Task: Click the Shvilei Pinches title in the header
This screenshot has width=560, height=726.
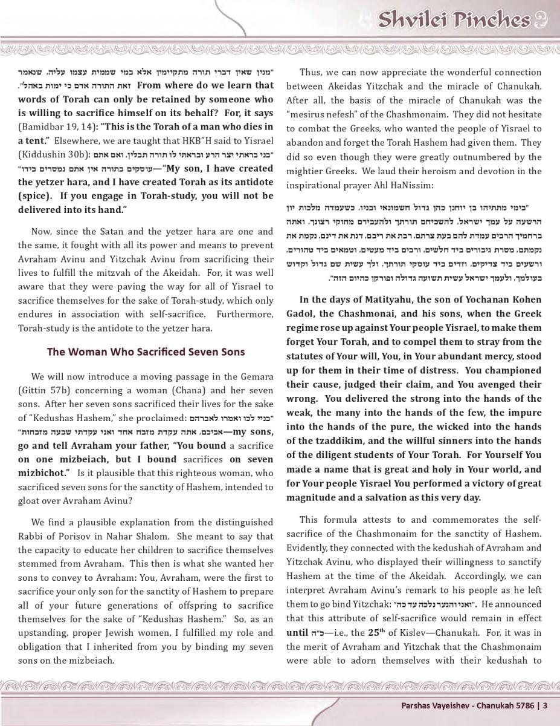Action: (x=453, y=20)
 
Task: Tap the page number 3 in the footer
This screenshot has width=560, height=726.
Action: (x=545, y=705)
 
